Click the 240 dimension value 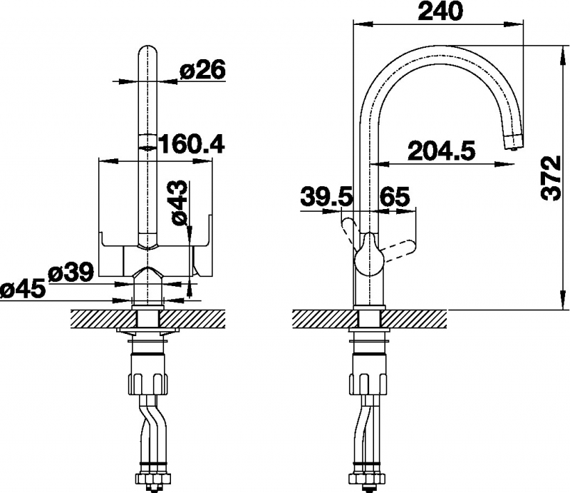pyautogui.click(x=440, y=11)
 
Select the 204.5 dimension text pyautogui.click(x=442, y=151)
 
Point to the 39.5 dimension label pyautogui.click(x=327, y=198)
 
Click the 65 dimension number pyautogui.click(x=395, y=198)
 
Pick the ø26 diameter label pyautogui.click(x=203, y=69)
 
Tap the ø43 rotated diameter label pyautogui.click(x=180, y=203)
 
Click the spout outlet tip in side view pyautogui.click(x=514, y=142)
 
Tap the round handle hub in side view pyautogui.click(x=370, y=260)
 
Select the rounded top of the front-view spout pyautogui.click(x=147, y=55)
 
